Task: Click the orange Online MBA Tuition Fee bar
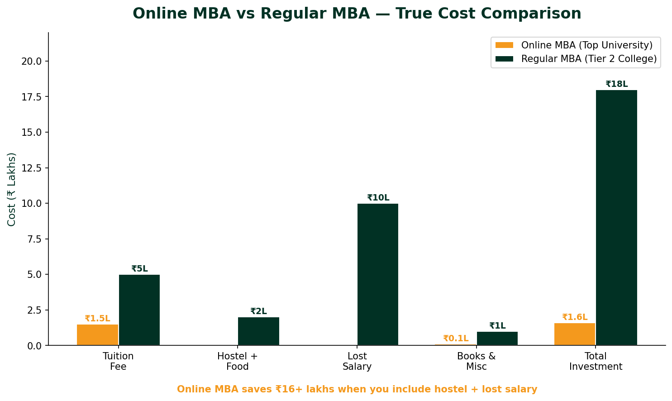click(x=97, y=335)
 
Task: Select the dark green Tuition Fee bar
click(x=139, y=310)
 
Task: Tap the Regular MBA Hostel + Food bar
click(x=258, y=331)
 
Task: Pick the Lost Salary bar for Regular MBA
click(x=378, y=274)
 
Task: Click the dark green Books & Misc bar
click(x=497, y=339)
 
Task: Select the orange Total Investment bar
click(x=575, y=334)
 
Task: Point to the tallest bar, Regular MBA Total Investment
click(x=616, y=217)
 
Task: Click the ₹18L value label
click(x=616, y=84)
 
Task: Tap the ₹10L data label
click(x=378, y=198)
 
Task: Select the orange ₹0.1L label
click(x=456, y=339)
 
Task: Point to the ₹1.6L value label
click(x=575, y=317)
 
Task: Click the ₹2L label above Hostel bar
click(x=258, y=311)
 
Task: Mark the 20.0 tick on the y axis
click(x=32, y=61)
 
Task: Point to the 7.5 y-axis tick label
click(x=34, y=239)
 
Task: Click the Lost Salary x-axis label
click(x=357, y=361)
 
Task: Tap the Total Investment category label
click(x=596, y=361)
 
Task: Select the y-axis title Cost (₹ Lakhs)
click(x=12, y=189)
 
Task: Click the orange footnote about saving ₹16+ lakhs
click(x=357, y=389)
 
